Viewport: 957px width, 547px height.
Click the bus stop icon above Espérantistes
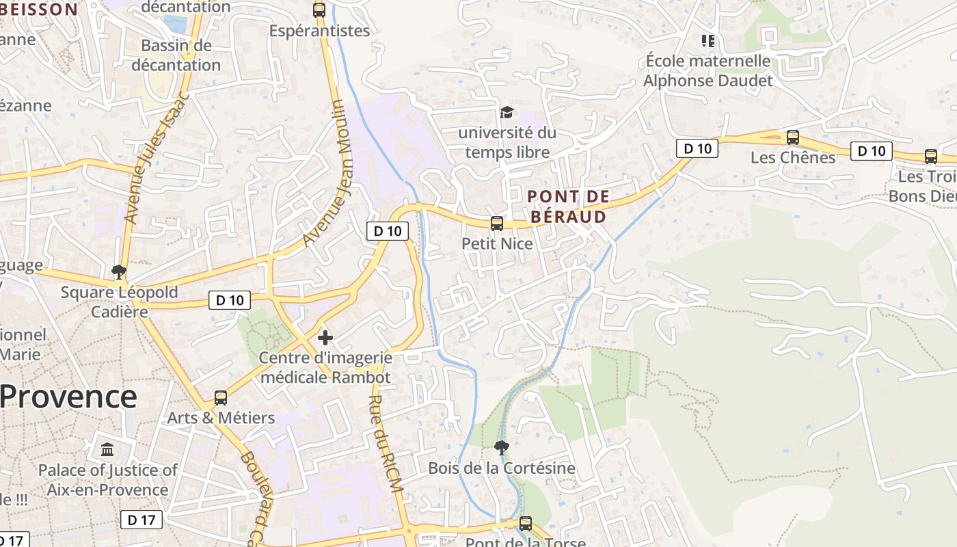tap(319, 10)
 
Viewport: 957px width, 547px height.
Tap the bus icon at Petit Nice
tap(497, 223)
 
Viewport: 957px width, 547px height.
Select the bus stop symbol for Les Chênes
tap(793, 137)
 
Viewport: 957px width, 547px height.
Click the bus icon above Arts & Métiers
tap(221, 397)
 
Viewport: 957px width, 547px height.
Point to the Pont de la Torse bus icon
tap(525, 524)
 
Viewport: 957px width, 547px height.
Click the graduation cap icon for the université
tap(507, 112)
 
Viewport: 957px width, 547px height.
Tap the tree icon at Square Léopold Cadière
tap(119, 272)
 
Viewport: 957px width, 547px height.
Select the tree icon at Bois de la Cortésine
tap(501, 448)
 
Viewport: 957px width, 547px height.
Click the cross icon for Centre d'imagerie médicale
tap(325, 337)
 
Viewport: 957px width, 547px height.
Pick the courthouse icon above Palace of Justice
tap(107, 450)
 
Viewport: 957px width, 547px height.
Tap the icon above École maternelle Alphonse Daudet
tap(707, 41)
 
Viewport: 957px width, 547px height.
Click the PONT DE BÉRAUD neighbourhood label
tap(568, 206)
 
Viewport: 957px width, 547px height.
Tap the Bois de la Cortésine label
tap(501, 468)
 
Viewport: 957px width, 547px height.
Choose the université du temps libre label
tap(507, 142)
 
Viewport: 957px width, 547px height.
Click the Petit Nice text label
tap(497, 243)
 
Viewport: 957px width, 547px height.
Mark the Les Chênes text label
tap(793, 157)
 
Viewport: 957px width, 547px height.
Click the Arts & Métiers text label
tap(221, 418)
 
